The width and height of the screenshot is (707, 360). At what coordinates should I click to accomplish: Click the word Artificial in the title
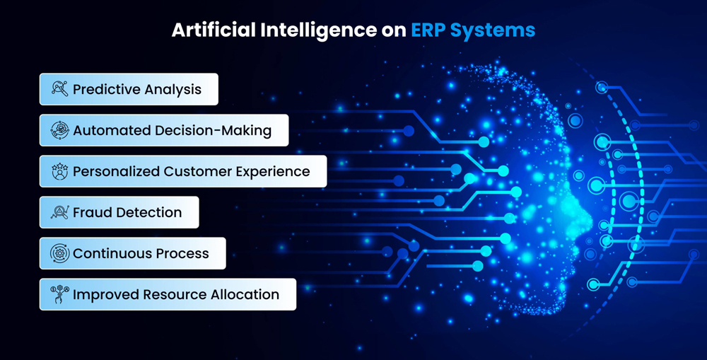pos(214,30)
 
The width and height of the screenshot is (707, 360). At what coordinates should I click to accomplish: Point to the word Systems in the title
pos(492,31)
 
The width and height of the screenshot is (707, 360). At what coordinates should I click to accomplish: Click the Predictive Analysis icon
pos(59,88)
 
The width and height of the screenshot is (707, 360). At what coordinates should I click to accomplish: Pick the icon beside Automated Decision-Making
pos(59,130)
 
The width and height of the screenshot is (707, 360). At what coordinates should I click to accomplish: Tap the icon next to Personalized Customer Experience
pos(59,171)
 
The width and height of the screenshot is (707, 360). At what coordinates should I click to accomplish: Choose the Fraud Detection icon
pos(59,212)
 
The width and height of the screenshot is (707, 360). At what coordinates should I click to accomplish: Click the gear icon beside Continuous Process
pos(59,253)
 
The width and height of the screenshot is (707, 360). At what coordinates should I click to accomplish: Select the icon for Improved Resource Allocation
pos(59,294)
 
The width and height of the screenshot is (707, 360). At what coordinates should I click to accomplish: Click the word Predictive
pos(103,89)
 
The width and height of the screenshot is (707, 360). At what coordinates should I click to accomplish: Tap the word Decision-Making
pos(213,130)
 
